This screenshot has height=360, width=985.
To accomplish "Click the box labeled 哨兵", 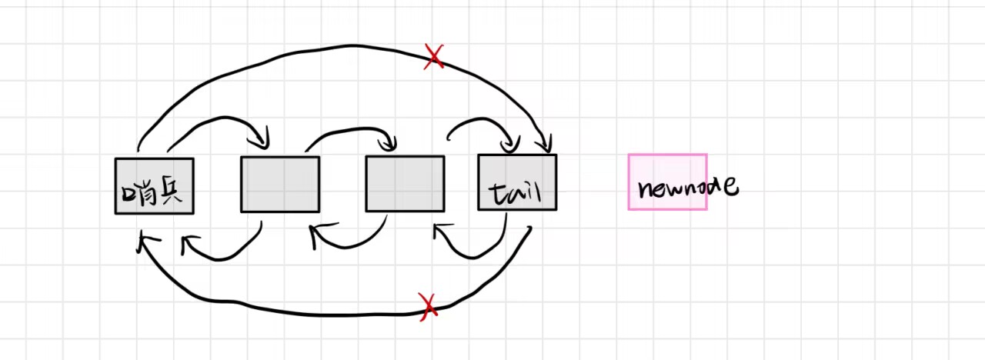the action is click(154, 185).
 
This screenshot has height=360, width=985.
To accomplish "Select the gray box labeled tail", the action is click(516, 182).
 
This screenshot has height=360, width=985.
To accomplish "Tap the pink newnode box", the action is click(667, 182).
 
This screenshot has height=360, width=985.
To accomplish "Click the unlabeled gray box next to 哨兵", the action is click(279, 184).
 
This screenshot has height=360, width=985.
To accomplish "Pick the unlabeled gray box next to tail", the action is click(405, 183).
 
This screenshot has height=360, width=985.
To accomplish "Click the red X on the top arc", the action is click(434, 57).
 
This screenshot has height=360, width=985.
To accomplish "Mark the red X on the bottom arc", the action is click(428, 306).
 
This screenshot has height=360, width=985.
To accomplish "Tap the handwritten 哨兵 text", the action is click(152, 192).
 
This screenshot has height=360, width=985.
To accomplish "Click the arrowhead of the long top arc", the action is click(546, 145).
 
